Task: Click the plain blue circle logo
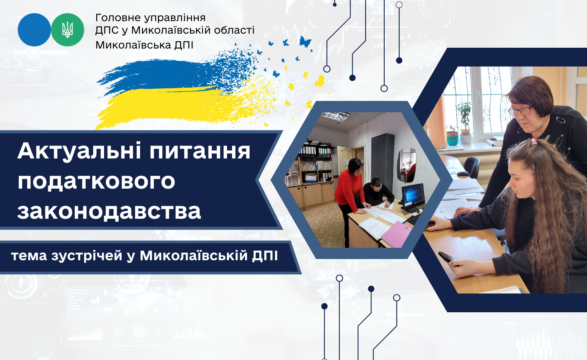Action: (x=34, y=30)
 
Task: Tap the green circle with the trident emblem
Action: (x=67, y=30)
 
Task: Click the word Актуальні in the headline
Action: (x=79, y=151)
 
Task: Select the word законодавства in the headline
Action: (x=109, y=211)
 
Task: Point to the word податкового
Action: (x=96, y=181)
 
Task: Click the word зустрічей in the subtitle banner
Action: (x=87, y=256)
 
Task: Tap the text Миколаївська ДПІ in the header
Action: (x=144, y=45)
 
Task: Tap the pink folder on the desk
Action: (x=396, y=234)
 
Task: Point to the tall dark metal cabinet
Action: (x=383, y=162)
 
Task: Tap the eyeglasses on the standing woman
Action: (x=520, y=110)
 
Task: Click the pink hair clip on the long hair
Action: (x=534, y=142)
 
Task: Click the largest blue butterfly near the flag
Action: (x=305, y=41)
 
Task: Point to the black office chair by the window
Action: (x=472, y=168)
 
